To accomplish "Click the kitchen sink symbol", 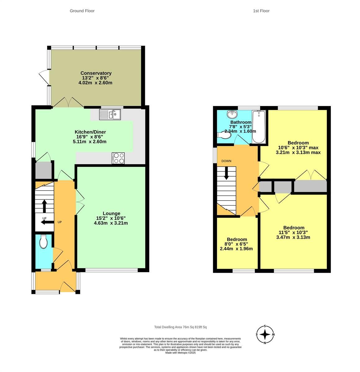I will point(110,115).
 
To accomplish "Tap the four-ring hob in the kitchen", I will point(118,158).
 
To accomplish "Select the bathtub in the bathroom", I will point(259,127).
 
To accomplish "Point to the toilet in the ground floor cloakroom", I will point(43,241).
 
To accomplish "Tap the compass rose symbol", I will point(265,334).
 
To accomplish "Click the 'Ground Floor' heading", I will point(82,11).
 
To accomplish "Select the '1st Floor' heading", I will point(261,11).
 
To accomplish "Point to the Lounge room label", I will point(111,213).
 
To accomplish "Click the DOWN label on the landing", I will point(226,161).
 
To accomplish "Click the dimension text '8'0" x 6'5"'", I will point(237,244).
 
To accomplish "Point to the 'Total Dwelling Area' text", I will point(180,327).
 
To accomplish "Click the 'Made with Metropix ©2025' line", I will point(180,352).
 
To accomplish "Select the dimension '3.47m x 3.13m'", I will point(293,237).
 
